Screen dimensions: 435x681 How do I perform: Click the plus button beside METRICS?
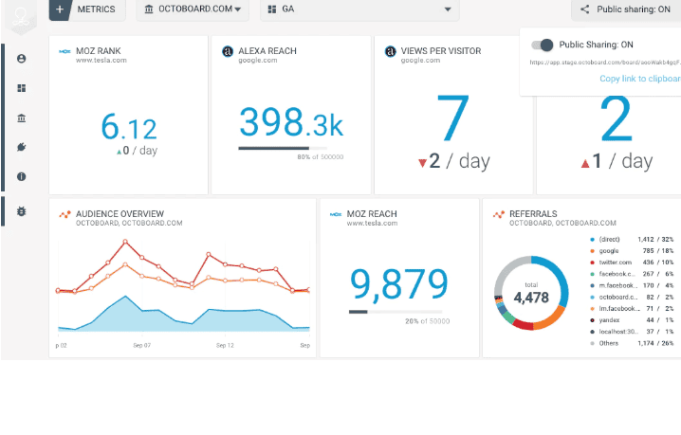pyautogui.click(x=60, y=9)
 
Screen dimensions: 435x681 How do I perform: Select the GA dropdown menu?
pyautogui.click(x=359, y=9)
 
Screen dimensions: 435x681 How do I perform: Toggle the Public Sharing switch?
pyautogui.click(x=543, y=45)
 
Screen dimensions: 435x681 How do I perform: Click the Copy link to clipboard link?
pyautogui.click(x=639, y=79)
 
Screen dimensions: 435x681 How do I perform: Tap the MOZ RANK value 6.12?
pyautogui.click(x=129, y=127)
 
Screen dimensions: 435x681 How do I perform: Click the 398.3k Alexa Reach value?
pyautogui.click(x=290, y=122)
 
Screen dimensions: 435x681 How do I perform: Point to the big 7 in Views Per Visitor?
pyautogui.click(x=453, y=118)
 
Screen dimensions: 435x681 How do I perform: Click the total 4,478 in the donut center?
pyautogui.click(x=531, y=297)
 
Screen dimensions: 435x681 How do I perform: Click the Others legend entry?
pyautogui.click(x=609, y=343)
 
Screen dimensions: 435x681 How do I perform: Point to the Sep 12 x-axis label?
pyautogui.click(x=225, y=345)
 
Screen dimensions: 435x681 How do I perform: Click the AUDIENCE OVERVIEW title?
pyautogui.click(x=120, y=214)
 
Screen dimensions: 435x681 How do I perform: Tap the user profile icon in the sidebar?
pyautogui.click(x=21, y=59)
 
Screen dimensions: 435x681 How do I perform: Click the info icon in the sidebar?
pyautogui.click(x=21, y=176)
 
